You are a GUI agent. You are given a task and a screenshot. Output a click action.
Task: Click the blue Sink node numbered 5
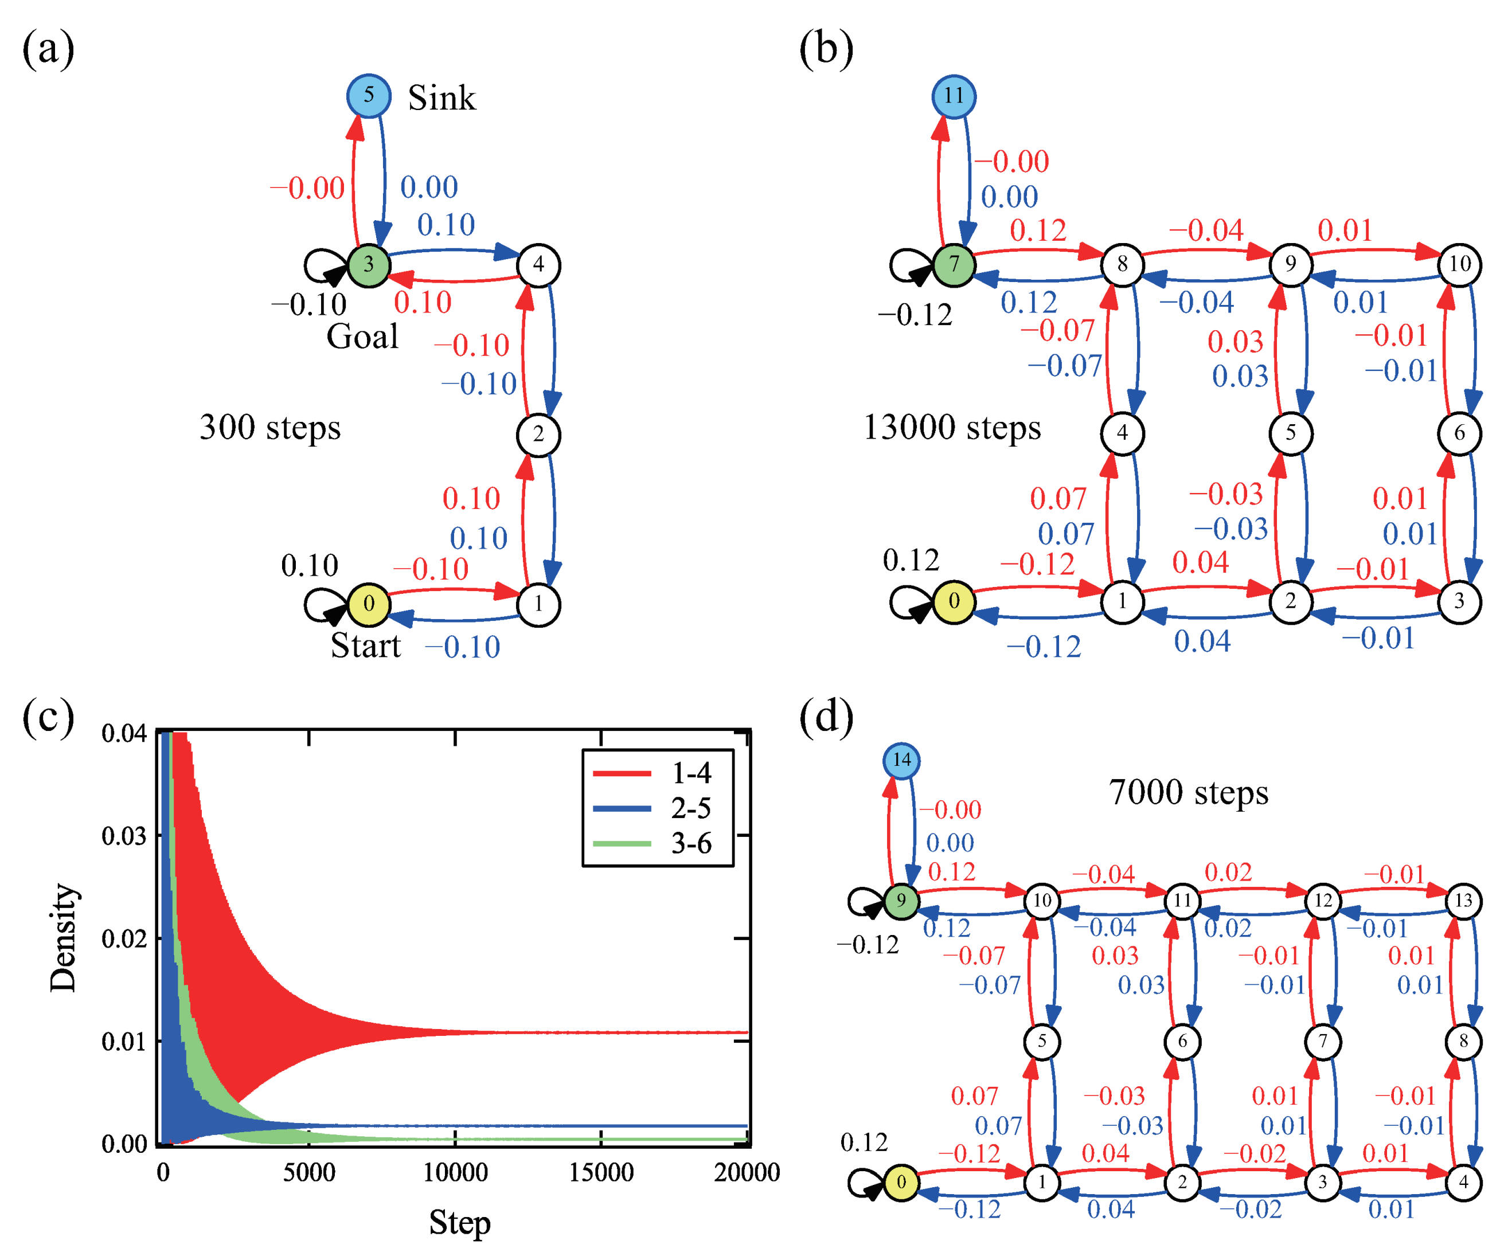[368, 95]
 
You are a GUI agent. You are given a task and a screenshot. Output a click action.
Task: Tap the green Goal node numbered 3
[368, 265]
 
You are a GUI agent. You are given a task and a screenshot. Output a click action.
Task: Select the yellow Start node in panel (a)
[368, 604]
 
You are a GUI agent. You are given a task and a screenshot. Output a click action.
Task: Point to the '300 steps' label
[270, 428]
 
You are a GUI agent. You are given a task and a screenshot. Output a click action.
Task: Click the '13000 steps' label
[952, 428]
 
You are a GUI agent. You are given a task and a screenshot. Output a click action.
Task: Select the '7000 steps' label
[1188, 793]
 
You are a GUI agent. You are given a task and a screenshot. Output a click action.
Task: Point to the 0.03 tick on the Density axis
[123, 836]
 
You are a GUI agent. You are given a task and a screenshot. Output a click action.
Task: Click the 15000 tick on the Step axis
[601, 1172]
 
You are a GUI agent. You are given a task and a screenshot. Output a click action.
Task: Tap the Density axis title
[63, 937]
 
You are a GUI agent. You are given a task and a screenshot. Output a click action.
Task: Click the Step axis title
[459, 1222]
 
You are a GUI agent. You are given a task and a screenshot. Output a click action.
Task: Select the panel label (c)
[48, 716]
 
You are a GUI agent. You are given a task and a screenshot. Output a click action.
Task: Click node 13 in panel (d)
[1463, 900]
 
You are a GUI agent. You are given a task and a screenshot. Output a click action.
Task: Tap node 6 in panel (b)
[1459, 433]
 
